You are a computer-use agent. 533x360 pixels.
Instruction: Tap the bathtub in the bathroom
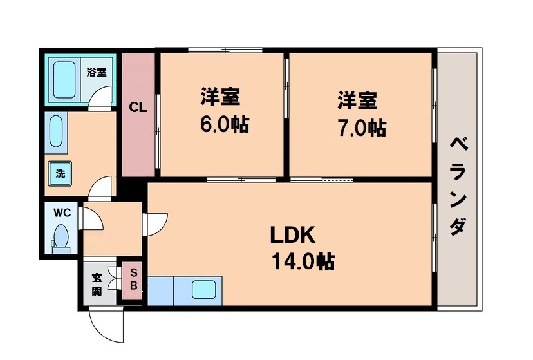coord(66,80)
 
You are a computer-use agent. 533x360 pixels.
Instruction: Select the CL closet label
coord(138,108)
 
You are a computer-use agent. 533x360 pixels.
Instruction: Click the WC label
coord(62,213)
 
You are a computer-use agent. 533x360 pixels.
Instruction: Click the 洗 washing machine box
coord(60,173)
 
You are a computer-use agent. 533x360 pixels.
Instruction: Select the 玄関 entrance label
coord(97,284)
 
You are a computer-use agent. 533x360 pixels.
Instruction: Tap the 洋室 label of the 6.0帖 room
coord(220,97)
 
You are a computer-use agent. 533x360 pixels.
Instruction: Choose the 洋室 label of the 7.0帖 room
coord(357,100)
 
